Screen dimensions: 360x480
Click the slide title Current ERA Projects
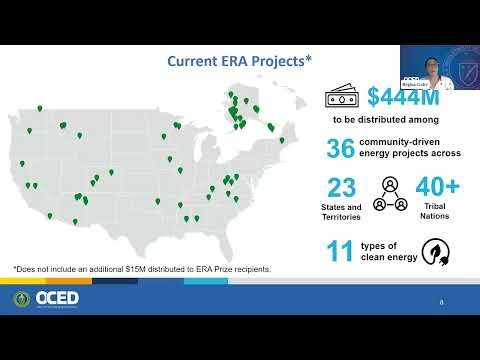click(x=238, y=62)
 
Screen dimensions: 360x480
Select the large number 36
click(x=340, y=148)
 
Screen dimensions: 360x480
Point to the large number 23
click(x=342, y=189)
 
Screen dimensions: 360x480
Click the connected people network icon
click(x=388, y=194)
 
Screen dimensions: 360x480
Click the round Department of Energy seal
click(x=22, y=299)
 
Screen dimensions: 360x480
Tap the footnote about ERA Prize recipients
click(x=141, y=269)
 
